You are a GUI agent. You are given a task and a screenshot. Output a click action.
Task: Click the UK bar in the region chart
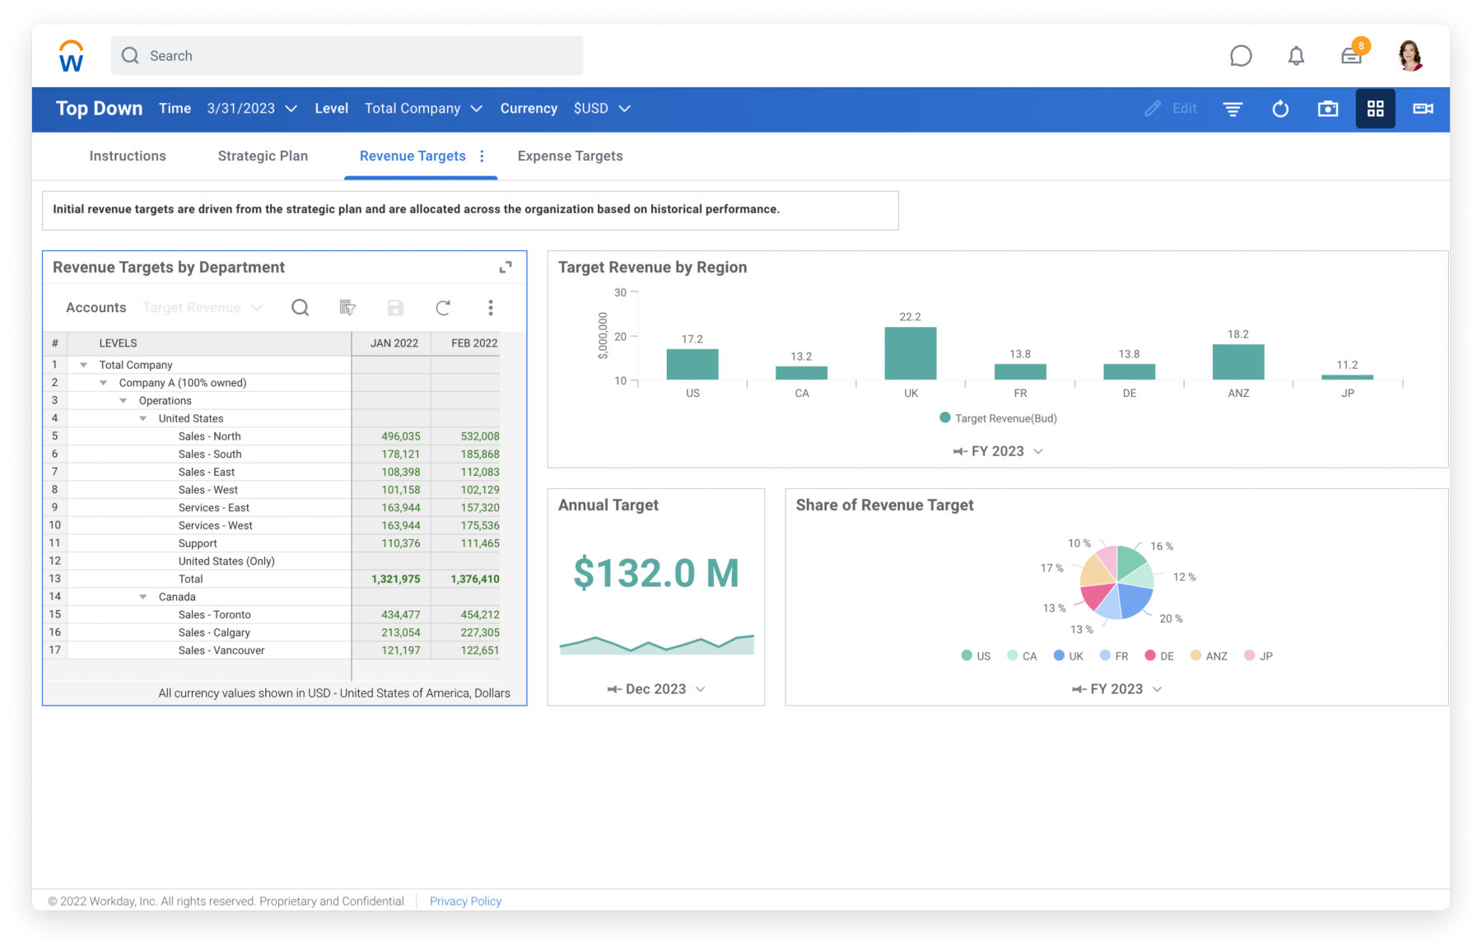[x=910, y=353]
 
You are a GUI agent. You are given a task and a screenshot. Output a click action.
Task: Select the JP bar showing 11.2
[x=1347, y=377]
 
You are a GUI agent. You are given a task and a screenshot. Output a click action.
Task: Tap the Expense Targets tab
[x=570, y=156]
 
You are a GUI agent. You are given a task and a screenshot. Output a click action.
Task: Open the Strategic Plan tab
[x=263, y=156]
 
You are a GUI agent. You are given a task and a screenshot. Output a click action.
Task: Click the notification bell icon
[x=1296, y=56]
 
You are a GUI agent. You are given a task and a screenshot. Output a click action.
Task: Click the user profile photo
[x=1410, y=56]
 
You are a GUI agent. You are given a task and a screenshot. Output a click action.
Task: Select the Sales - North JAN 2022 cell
[x=400, y=436]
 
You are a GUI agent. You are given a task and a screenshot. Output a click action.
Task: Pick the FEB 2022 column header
[x=473, y=343]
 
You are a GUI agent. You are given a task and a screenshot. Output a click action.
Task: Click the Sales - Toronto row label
[x=214, y=615]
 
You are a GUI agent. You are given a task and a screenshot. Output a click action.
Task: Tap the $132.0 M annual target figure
[x=655, y=573]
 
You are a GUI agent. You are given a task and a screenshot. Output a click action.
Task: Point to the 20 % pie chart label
[x=1171, y=618]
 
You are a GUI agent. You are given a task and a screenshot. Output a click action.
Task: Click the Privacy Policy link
[x=465, y=902]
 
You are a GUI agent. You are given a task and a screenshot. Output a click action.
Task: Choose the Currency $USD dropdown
[x=601, y=109]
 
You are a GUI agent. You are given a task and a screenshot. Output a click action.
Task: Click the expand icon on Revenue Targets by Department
[x=506, y=267]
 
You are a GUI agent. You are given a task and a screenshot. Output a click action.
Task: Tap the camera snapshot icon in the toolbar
[x=1327, y=109]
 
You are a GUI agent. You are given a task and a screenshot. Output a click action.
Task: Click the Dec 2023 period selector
[x=656, y=689]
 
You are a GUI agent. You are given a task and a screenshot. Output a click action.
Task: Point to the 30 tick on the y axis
[x=620, y=292]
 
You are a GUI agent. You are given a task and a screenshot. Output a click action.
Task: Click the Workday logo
[x=72, y=56]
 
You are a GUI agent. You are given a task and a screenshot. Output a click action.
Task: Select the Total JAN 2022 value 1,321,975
[x=395, y=579]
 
